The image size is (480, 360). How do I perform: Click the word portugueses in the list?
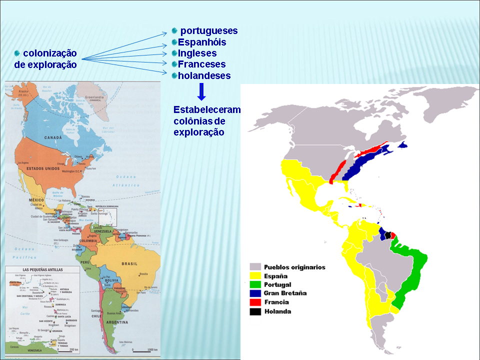208,31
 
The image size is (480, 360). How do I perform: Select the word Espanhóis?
202,42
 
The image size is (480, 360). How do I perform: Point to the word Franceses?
201,64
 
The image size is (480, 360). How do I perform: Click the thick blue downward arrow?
201,91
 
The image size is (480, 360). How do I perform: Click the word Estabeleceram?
206,110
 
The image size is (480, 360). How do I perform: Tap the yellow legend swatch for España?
256,275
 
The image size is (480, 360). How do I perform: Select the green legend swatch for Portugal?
256,284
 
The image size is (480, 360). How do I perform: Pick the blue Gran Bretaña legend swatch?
256,293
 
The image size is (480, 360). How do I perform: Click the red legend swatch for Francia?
256,302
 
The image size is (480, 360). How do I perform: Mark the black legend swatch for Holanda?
256,311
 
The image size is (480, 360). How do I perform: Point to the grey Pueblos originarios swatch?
256,267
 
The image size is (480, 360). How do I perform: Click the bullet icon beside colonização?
16,53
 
